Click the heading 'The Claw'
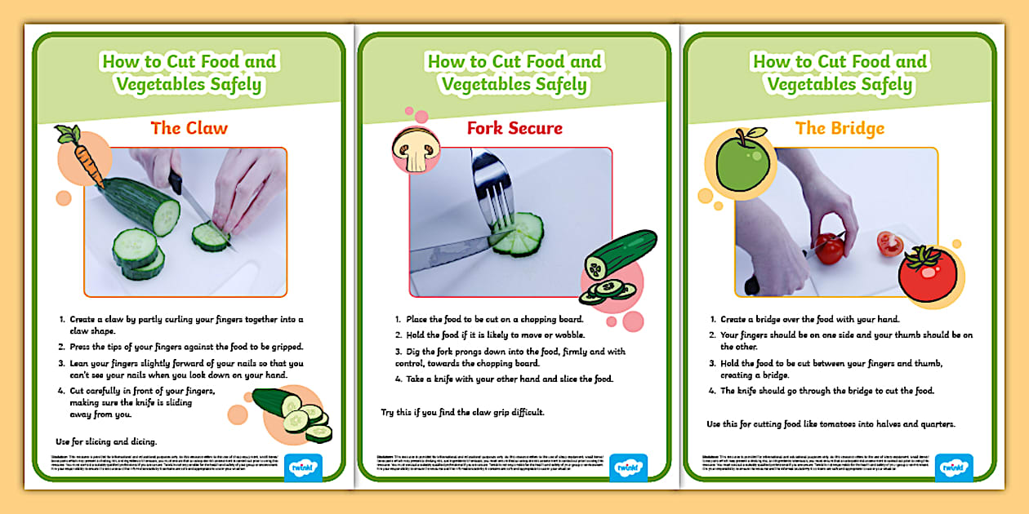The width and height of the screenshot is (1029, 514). pos(189,128)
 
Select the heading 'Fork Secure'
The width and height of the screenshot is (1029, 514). pos(514,128)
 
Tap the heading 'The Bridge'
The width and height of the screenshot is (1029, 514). pos(840,128)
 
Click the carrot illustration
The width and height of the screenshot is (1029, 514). pos(81,155)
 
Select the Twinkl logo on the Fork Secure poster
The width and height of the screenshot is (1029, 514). pos(628,467)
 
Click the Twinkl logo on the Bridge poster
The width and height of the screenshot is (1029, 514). pos(954,467)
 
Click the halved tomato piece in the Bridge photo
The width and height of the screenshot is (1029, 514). pos(889,243)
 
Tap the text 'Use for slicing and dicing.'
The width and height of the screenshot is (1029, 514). pos(106,441)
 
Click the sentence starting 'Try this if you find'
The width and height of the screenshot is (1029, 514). pos(462,412)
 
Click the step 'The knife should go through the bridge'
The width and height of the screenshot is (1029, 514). pos(826,391)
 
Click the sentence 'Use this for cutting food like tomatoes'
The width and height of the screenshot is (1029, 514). pos(831,423)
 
